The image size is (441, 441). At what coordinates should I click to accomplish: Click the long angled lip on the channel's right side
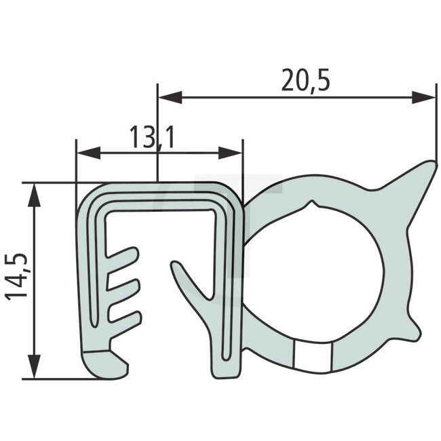pos(190,285)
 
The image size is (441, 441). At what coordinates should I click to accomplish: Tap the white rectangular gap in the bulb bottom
pos(313,354)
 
